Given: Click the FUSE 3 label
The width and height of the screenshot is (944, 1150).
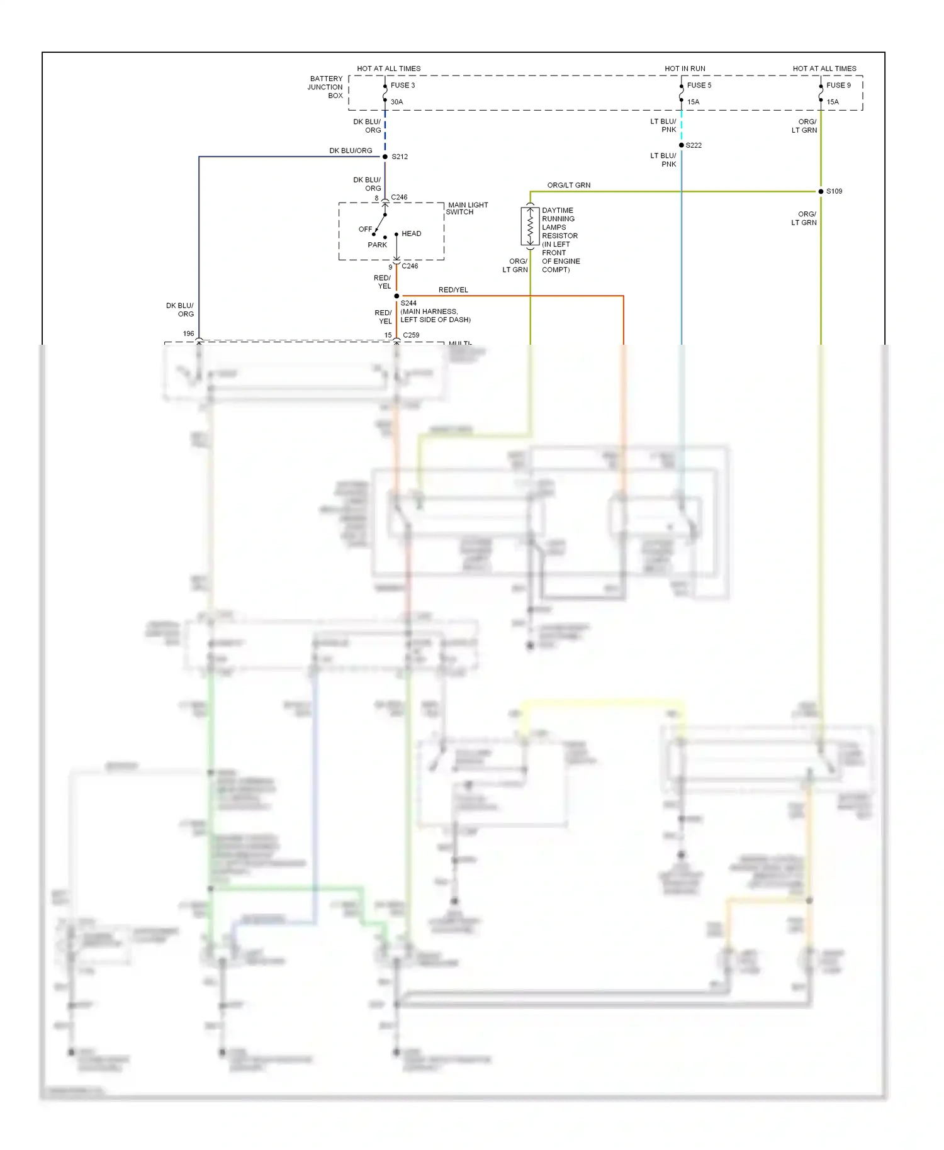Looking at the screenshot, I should [402, 85].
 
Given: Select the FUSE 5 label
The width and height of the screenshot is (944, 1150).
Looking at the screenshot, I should [699, 85].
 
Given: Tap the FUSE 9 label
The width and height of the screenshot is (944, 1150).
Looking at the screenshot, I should [838, 85].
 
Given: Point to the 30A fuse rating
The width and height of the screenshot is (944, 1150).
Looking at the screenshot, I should [396, 102].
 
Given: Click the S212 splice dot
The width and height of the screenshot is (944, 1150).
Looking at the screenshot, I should [385, 157].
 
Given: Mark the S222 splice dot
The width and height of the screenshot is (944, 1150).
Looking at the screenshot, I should [682, 145].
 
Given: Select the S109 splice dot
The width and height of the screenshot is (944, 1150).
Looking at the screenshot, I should [821, 191].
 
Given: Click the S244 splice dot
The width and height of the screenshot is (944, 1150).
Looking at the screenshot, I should [396, 296].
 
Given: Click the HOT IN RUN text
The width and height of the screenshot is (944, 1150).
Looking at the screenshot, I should [685, 69].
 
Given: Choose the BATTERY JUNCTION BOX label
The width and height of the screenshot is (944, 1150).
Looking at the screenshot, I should [326, 87].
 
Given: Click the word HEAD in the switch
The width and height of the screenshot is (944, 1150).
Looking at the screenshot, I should [412, 233].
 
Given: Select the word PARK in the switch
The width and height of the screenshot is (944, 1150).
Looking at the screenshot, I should [378, 245].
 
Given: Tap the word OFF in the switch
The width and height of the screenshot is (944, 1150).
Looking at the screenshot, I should [365, 229].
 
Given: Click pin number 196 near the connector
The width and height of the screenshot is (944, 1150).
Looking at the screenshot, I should [188, 333].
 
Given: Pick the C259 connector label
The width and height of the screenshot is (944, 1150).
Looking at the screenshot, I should [411, 335].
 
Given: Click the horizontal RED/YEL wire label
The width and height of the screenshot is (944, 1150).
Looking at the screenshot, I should [453, 290].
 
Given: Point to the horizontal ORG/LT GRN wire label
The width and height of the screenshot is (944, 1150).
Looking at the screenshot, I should [569, 185].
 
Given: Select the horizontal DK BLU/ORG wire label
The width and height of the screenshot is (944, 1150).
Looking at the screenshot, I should [351, 151].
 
